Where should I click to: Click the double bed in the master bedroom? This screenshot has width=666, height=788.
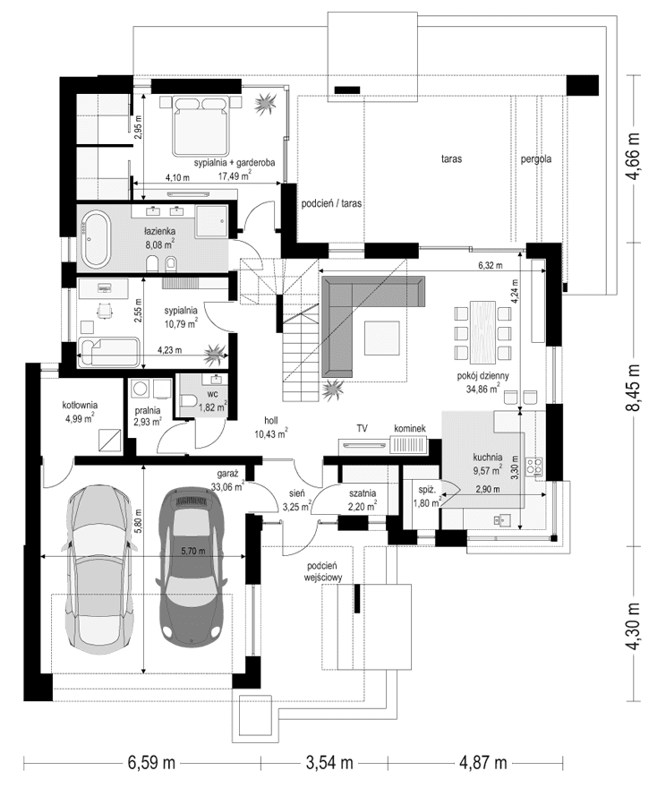[x=204, y=125]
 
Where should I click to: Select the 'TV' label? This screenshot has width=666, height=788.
[x=363, y=430]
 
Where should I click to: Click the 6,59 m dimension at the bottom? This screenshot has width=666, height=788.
[x=150, y=763]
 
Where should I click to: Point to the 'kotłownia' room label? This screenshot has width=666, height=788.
[x=80, y=405]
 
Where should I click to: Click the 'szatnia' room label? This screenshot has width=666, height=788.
[x=363, y=492]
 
